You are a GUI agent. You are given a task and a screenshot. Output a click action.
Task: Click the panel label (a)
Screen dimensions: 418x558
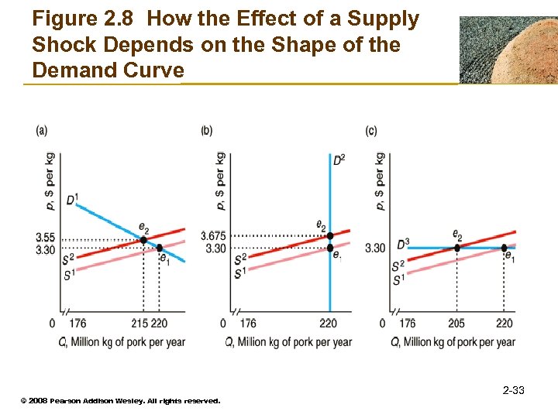(42, 131)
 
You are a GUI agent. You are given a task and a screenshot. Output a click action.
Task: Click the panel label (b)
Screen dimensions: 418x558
(206, 131)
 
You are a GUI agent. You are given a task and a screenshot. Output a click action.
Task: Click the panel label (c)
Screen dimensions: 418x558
(371, 131)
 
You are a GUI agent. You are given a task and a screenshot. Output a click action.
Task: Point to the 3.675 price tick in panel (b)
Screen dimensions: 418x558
(212, 235)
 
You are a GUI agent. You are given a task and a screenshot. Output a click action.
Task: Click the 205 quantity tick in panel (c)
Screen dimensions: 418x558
(456, 323)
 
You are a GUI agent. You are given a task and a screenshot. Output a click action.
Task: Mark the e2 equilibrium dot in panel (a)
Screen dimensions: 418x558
(143, 240)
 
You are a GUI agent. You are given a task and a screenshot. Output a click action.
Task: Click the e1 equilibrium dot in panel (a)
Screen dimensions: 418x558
(160, 248)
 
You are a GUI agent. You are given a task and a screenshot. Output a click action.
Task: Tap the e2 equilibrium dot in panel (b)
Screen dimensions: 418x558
(330, 235)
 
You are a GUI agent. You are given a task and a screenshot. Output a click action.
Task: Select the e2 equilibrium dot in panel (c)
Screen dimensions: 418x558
(456, 248)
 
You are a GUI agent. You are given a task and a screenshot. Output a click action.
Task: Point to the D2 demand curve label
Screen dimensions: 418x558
(339, 160)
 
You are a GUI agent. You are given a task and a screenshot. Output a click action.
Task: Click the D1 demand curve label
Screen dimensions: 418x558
(72, 200)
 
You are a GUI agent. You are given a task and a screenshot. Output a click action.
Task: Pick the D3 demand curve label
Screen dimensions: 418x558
(402, 244)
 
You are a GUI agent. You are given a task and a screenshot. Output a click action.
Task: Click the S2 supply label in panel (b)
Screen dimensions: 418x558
(240, 258)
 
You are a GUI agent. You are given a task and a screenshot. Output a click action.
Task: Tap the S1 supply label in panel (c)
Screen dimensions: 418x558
(398, 279)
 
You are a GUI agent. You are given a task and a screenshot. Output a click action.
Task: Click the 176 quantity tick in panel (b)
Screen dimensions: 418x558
(248, 323)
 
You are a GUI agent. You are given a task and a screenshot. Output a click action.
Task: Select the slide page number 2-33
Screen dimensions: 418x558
(513, 390)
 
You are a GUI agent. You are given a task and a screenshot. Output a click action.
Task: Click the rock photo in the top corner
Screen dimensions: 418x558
(508, 50)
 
